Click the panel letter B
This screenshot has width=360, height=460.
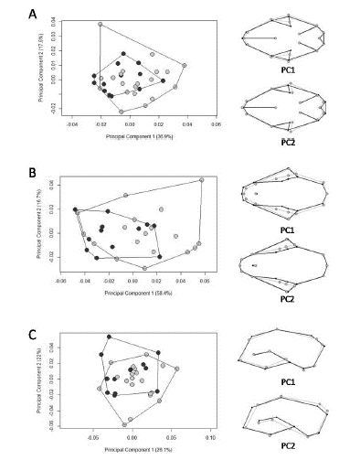pos(32,170)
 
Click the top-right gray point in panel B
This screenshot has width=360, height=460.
pos(201,181)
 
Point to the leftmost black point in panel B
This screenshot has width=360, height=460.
pos(77,210)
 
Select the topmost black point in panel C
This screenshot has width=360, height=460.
pos(110,337)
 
